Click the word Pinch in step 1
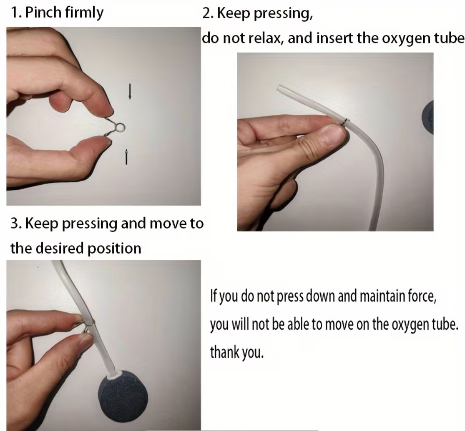(x=43, y=13)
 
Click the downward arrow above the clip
(x=130, y=91)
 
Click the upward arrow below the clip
(x=126, y=156)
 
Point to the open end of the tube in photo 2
(x=279, y=88)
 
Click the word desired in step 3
(x=59, y=248)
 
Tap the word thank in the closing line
(x=224, y=352)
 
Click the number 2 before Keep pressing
(x=206, y=13)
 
